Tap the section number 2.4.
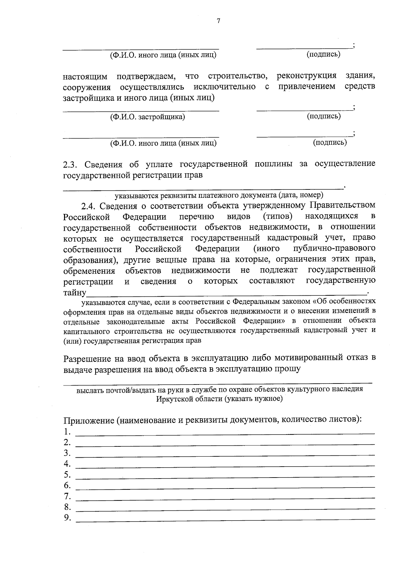coord(89,206)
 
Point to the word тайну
coord(75,293)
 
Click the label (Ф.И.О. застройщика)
coord(148,117)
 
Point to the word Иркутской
coord(172,398)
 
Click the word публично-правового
coord(335,248)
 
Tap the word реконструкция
coord(306,76)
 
